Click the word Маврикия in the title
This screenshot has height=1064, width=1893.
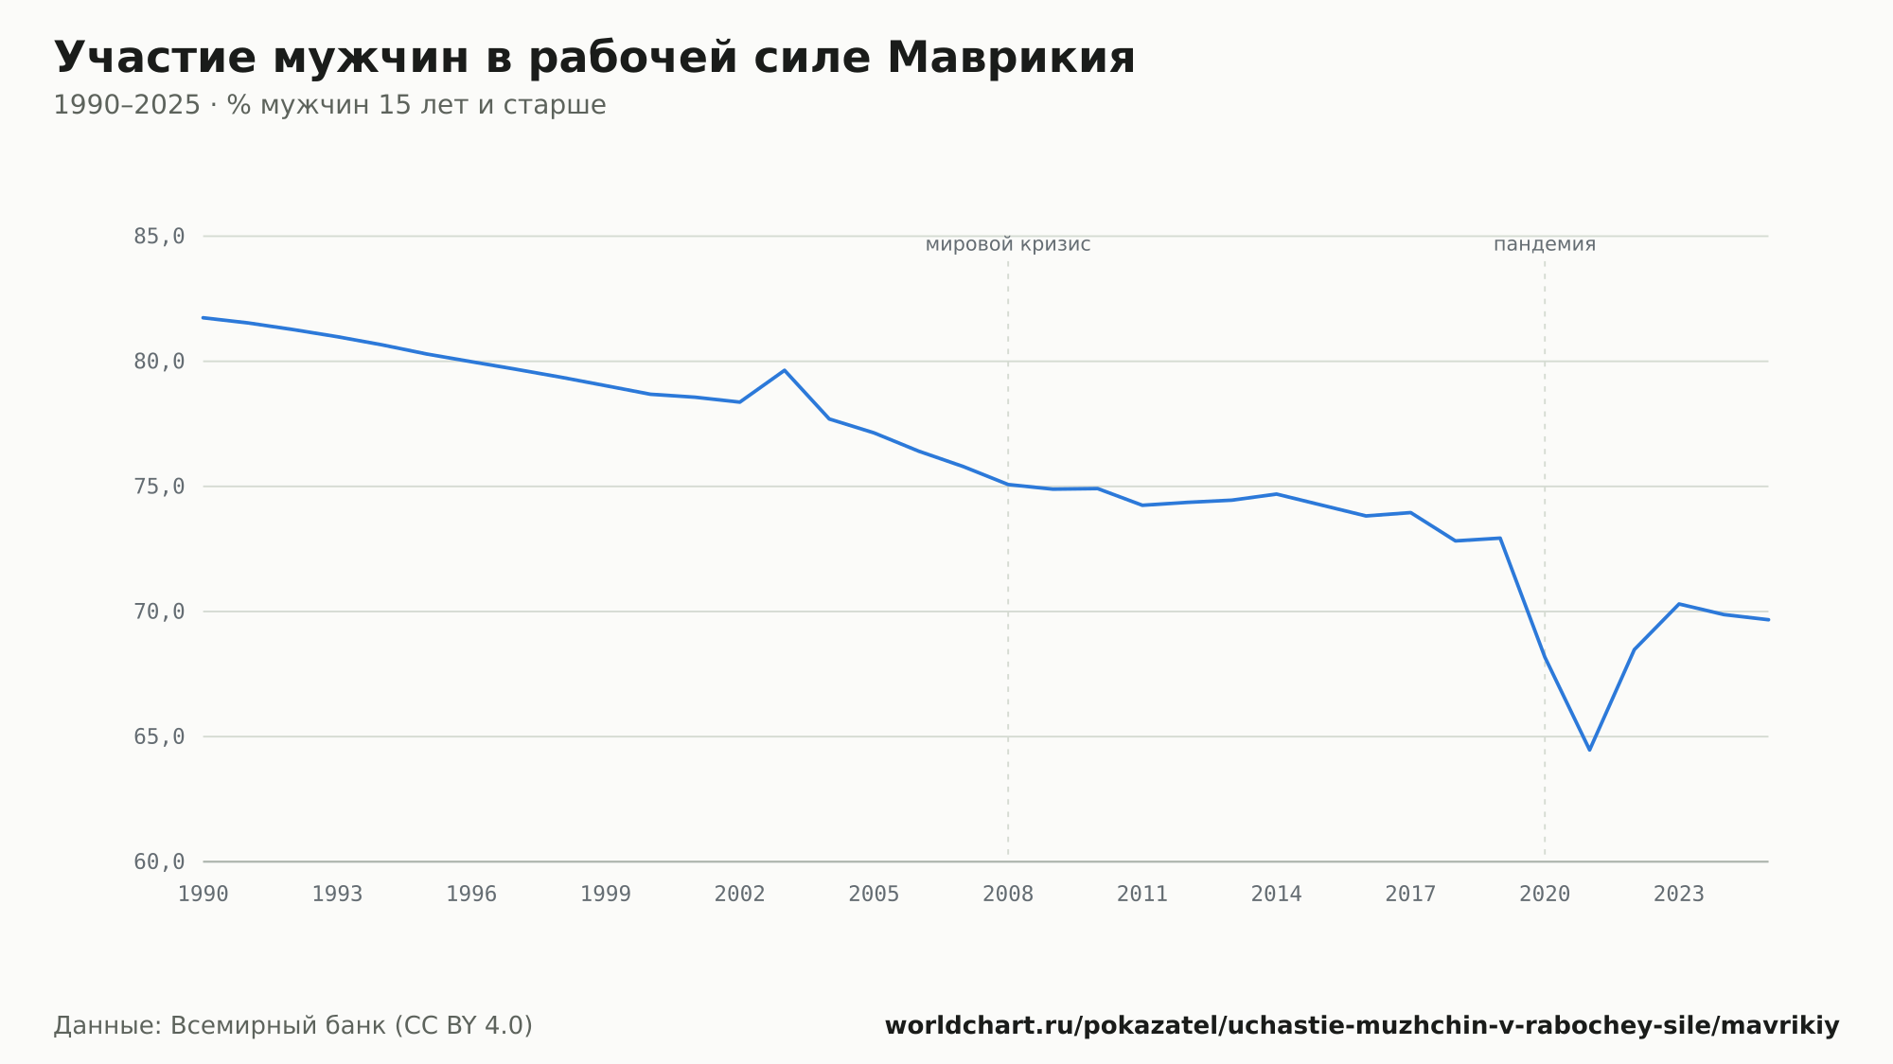pos(1010,58)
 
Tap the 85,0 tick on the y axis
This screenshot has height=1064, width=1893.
pos(159,237)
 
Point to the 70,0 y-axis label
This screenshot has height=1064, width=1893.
pos(159,612)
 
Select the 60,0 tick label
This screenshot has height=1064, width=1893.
pos(159,861)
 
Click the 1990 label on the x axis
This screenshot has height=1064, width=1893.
pos(203,895)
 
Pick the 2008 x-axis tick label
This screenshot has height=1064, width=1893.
pos(1008,895)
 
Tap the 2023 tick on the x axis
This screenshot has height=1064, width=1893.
pos(1679,895)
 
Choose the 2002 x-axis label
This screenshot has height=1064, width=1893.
pos(740,895)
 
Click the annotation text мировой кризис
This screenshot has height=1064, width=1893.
pos(1008,244)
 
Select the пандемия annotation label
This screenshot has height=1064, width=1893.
pos(1545,244)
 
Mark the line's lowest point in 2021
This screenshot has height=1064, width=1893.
pos(1589,750)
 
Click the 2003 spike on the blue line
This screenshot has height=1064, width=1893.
pos(785,370)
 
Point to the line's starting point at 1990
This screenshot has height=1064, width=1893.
pos(203,317)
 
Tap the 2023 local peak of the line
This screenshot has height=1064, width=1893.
pos(1679,604)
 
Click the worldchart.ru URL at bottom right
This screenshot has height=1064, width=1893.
pos(1362,1026)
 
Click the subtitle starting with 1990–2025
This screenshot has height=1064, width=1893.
pos(329,105)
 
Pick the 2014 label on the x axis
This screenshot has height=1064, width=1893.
pos(1277,895)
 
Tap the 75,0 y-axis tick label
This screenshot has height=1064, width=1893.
pos(159,487)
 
